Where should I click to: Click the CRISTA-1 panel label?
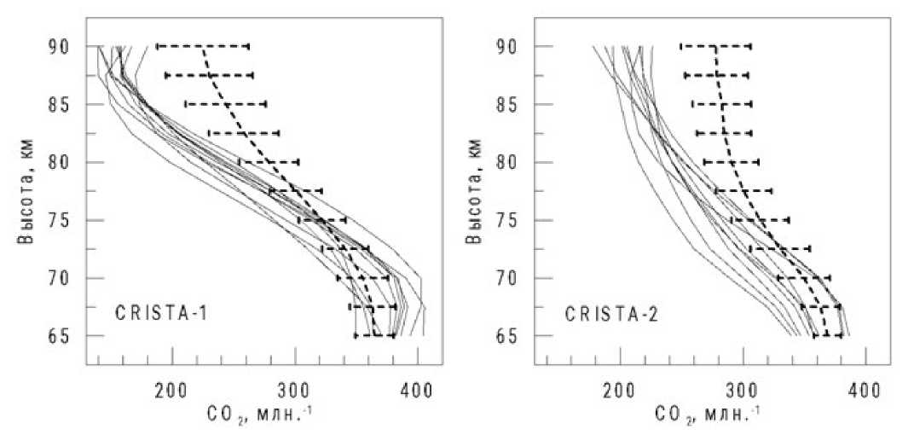coord(162,313)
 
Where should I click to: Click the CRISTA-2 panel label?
coord(610,313)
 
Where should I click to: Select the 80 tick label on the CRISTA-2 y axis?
coord(510,162)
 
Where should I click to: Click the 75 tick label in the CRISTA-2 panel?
coord(510,220)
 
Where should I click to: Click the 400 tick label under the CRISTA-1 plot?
coord(417,391)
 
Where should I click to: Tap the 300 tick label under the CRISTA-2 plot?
coord(742,391)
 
